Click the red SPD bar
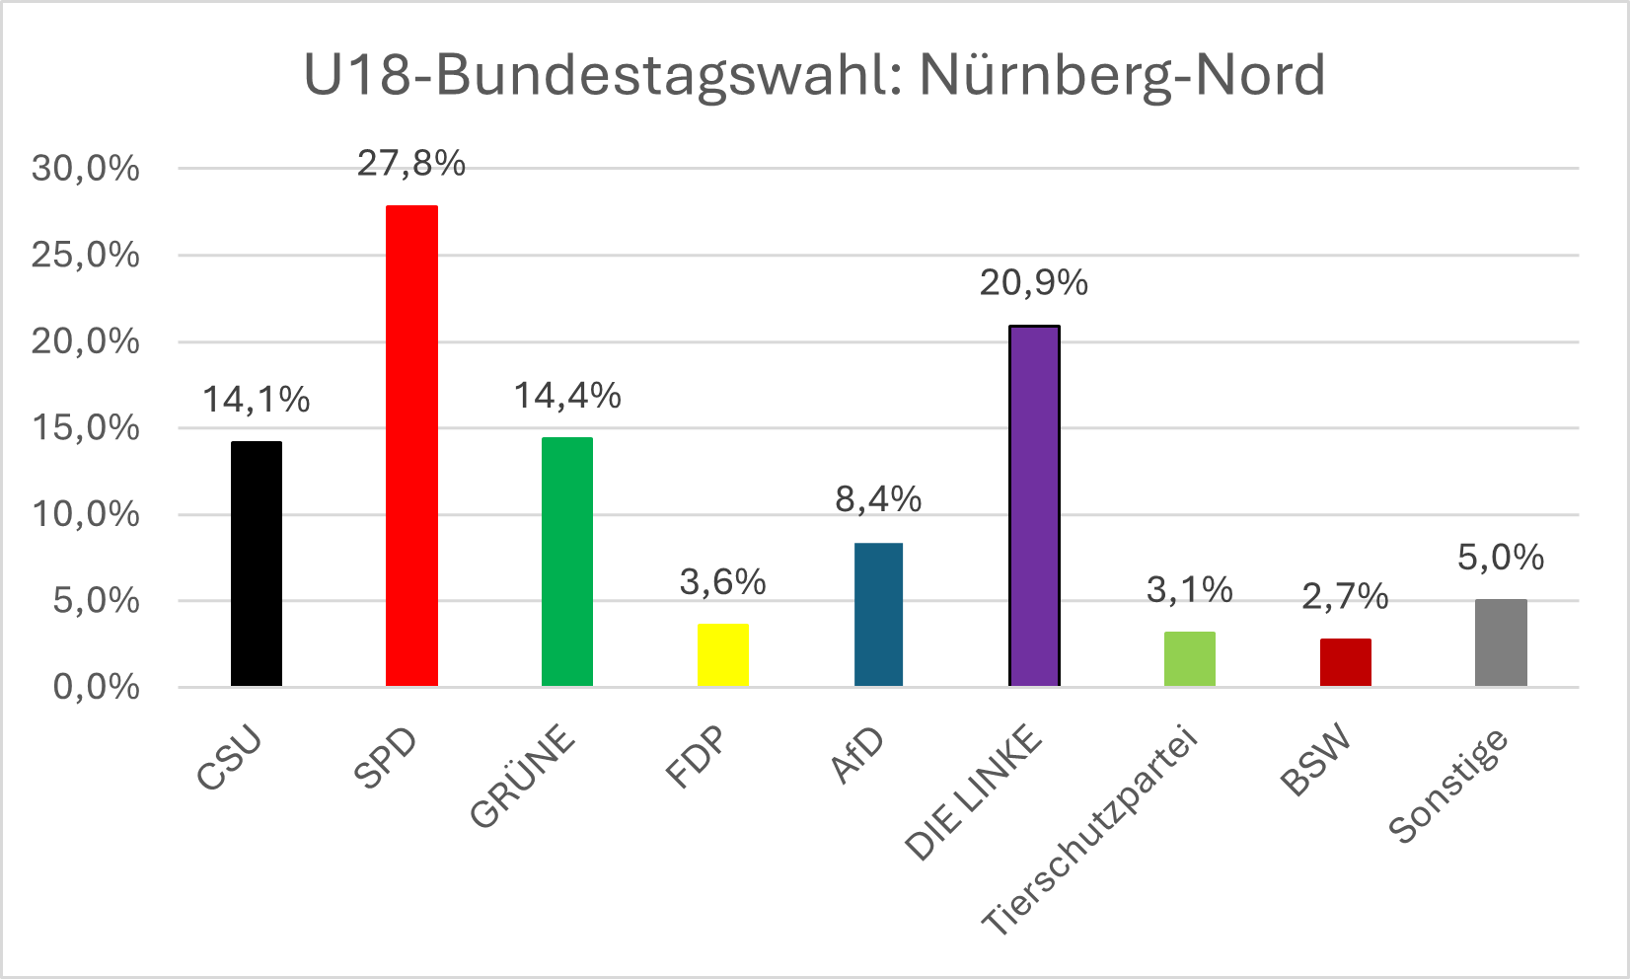tap(411, 445)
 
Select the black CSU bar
tap(257, 564)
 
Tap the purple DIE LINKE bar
tap(1034, 505)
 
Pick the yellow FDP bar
tap(723, 654)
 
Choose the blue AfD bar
tap(878, 614)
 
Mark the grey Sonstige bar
tap(1501, 642)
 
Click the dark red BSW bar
tap(1346, 662)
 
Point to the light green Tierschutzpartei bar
tap(1190, 658)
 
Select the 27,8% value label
tap(411, 164)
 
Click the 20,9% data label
tap(1034, 284)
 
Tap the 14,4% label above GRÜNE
tap(567, 397)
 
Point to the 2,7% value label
tap(1346, 597)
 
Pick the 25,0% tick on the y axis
tap(86, 256)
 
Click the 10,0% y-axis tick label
tap(86, 514)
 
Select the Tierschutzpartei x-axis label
tap(1089, 833)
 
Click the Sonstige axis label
tap(1448, 787)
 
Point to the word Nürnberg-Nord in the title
tap(1122, 75)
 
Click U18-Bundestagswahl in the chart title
tap(601, 75)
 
